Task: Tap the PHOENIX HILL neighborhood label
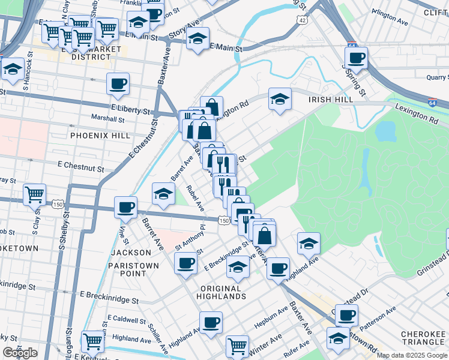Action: click(100, 136)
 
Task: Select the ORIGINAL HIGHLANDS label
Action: click(221, 293)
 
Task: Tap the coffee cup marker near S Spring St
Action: click(357, 58)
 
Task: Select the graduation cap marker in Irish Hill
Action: click(280, 99)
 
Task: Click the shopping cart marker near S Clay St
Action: click(35, 194)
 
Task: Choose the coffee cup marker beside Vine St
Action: click(126, 207)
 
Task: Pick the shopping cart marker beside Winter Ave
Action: click(238, 346)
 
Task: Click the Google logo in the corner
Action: click(20, 353)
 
